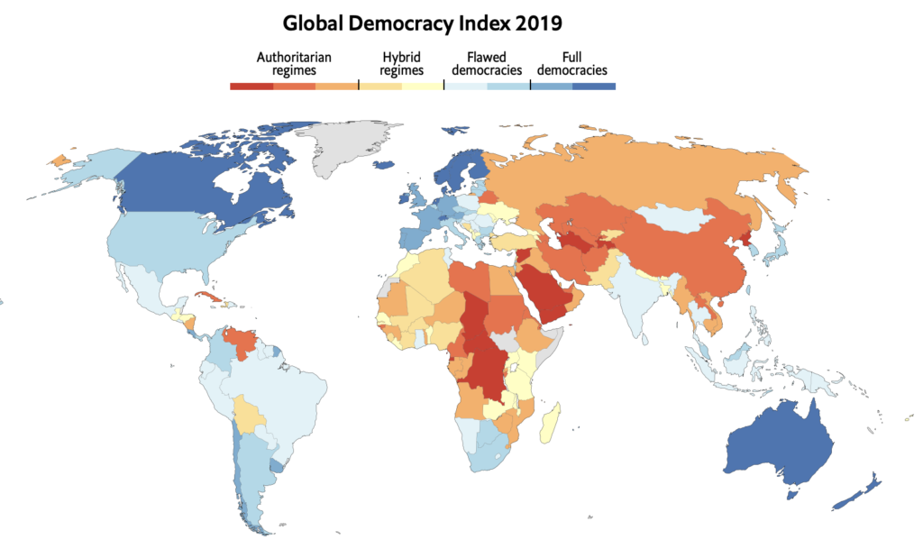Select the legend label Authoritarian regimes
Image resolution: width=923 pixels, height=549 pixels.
[x=294, y=63]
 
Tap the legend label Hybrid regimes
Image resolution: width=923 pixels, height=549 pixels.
[x=401, y=63]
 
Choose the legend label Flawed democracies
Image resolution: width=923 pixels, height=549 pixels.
[x=487, y=63]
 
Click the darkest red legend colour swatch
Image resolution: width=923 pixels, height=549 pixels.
[x=251, y=87]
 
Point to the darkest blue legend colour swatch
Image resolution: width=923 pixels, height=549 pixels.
[x=594, y=87]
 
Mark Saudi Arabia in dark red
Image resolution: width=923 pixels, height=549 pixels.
[x=557, y=290]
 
